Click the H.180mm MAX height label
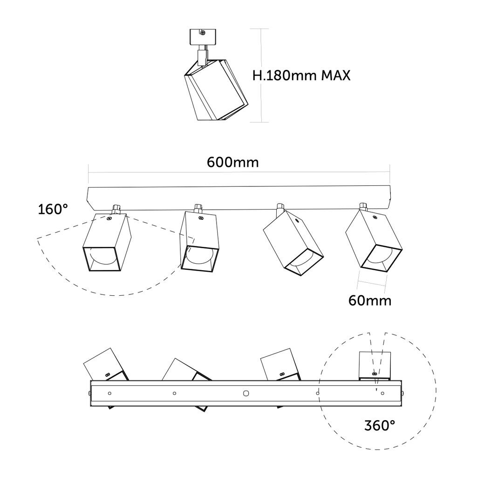coord(301,75)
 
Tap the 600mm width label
coord(232,162)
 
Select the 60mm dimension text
coord(370,300)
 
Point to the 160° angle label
coord(56,209)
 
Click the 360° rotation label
coord(380,425)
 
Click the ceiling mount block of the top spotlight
coord(203,37)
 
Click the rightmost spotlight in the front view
coord(375,242)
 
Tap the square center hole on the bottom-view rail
coord(246,393)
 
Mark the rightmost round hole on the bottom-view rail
coord(382,393)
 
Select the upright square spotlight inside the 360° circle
coord(375,366)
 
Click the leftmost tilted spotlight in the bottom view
coord(105,365)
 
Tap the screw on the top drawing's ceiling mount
coord(203,33)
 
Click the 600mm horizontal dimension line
coord(238,173)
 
